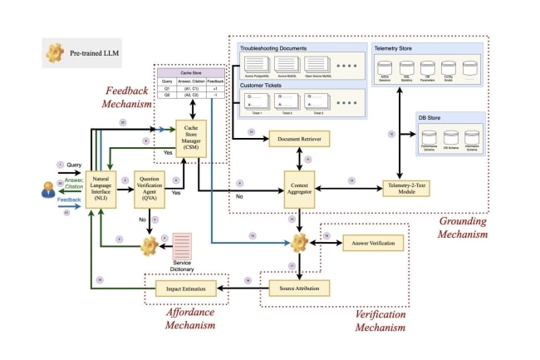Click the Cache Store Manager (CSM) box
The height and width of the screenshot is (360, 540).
194,136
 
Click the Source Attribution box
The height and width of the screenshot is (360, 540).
299,288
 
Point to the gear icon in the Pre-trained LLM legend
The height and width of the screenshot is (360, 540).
56,54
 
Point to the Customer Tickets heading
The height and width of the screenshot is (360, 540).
263,85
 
